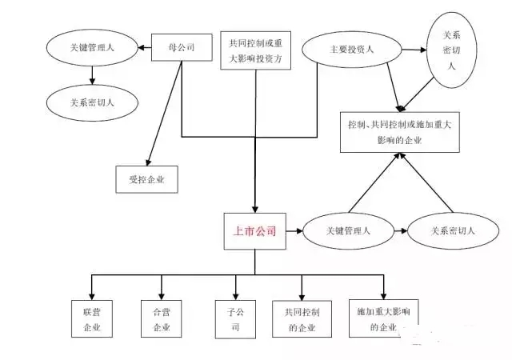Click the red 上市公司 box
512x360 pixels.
coord(254,231)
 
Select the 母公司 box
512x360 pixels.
coord(182,47)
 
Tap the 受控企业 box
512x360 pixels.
coord(146,179)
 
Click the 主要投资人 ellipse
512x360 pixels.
coord(352,50)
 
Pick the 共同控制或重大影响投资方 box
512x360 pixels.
coord(255,50)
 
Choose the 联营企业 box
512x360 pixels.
coord(92,318)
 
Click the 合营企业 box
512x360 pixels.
coord(162,318)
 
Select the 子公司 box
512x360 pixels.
coord(235,319)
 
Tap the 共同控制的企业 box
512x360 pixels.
coord(302,319)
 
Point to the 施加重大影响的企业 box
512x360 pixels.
coord(384,318)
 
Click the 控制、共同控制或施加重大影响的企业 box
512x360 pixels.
coord(400,132)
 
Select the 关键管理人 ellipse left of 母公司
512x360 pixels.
coord(92,48)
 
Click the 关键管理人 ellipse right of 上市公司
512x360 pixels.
coord(348,231)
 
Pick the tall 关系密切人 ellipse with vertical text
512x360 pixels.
coord(451,50)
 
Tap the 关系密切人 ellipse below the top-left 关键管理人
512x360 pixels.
coord(92,103)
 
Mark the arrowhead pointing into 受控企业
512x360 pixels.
coord(149,162)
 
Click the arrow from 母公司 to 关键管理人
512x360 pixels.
coord(145,48)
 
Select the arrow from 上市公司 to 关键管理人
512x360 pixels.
coord(294,231)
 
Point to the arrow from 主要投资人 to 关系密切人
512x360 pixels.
coord(414,50)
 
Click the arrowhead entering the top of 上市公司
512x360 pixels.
coord(255,209)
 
